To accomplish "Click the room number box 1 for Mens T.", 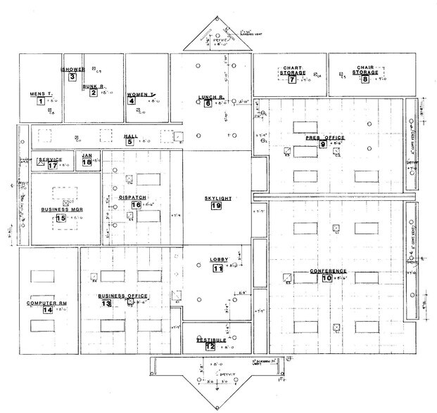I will click(40, 102).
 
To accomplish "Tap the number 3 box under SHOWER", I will click(72, 77).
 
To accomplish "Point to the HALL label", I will click(130, 136).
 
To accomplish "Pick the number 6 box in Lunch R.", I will click(208, 104).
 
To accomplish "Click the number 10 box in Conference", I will click(327, 278).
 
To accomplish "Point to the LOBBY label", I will click(218, 261).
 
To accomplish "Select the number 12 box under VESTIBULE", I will click(210, 346).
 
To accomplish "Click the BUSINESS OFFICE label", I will click(122, 296).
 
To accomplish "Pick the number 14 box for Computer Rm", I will click(47, 310).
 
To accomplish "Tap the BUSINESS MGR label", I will click(60, 209).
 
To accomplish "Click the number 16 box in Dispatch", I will click(137, 205).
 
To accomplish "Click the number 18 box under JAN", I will click(87, 162).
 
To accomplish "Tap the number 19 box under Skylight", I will click(216, 206).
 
